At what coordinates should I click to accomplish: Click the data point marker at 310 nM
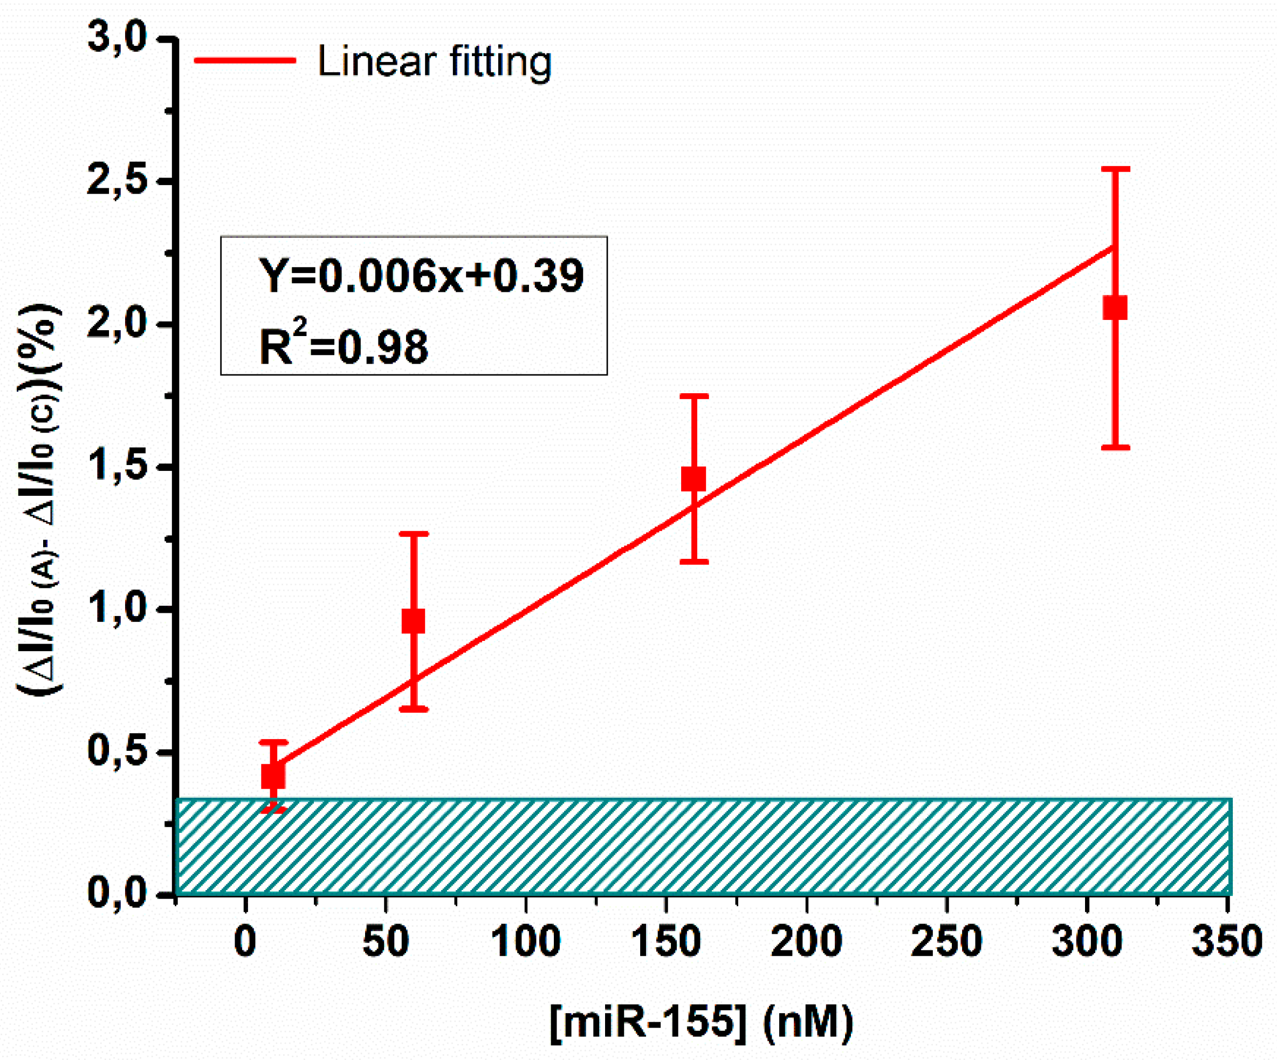click(1115, 307)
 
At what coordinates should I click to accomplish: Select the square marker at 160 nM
click(693, 479)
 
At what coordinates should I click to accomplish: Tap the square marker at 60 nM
click(414, 621)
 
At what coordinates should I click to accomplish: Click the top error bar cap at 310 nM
click(1115, 169)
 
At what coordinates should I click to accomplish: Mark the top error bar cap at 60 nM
click(414, 534)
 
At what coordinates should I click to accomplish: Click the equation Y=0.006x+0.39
click(421, 276)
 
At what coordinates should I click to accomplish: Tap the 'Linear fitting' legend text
click(434, 61)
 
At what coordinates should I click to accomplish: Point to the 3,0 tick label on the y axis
click(118, 38)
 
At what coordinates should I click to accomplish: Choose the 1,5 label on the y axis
click(118, 467)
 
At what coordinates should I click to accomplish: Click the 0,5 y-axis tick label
click(118, 751)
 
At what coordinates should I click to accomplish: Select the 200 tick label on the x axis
click(806, 942)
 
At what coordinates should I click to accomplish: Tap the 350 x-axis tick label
click(1226, 942)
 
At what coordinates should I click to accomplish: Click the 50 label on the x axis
click(386, 942)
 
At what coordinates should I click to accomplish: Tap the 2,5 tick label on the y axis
click(118, 181)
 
